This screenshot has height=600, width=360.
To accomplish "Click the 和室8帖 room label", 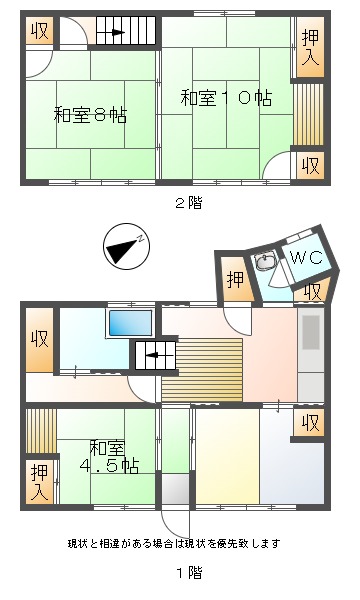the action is pyautogui.click(x=90, y=114).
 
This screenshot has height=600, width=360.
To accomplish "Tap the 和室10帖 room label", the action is pyautogui.click(x=226, y=98).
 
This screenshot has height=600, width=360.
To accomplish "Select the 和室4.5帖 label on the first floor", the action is pyautogui.click(x=109, y=457).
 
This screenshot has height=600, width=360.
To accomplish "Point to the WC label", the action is pyautogui.click(x=307, y=258).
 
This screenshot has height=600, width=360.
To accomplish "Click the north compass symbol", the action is pyautogui.click(x=126, y=247).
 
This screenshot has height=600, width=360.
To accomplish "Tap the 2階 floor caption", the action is pyautogui.click(x=188, y=203).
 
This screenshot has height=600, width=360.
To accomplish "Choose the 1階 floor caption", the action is pyautogui.click(x=189, y=573).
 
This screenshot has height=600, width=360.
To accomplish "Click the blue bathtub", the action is pyautogui.click(x=130, y=323).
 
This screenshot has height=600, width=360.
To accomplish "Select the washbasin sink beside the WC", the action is pyautogui.click(x=265, y=262).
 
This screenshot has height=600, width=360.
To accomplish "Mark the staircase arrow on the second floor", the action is pyautogui.click(x=116, y=33).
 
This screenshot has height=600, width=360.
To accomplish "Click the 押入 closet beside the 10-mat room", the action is pyautogui.click(x=310, y=47).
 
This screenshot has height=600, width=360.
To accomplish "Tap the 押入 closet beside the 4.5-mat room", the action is pyautogui.click(x=40, y=482).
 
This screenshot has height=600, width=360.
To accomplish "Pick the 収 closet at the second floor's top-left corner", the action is pyautogui.click(x=40, y=31).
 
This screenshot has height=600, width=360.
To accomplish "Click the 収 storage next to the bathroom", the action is pyautogui.click(x=39, y=340).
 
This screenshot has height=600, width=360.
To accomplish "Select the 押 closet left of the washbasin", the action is pyautogui.click(x=236, y=279).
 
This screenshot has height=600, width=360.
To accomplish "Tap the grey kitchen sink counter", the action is pyautogui.click(x=311, y=355).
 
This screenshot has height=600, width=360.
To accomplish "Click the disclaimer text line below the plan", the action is pyautogui.click(x=174, y=543).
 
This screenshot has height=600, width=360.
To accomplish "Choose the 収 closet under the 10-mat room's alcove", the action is pyautogui.click(x=311, y=166).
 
